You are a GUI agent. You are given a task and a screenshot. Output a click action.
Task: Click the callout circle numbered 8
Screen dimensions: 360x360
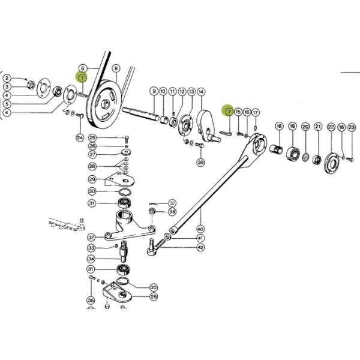tap(116, 68)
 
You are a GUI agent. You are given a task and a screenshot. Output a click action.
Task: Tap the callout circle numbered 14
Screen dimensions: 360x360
tap(201, 92)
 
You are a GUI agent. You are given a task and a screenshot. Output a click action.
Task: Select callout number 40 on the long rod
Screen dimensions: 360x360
tap(200, 229)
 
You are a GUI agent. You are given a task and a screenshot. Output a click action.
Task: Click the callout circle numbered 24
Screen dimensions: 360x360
tap(80, 137)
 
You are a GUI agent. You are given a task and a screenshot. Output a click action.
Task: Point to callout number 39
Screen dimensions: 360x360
tap(200, 163)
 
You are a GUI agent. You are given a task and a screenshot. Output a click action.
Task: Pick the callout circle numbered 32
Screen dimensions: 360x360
tap(91, 237)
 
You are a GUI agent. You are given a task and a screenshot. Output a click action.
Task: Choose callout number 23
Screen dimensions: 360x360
tap(352, 127)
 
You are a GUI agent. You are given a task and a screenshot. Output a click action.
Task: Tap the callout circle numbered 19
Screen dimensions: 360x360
tap(292, 126)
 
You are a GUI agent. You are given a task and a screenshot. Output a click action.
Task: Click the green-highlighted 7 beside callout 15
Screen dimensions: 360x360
tap(229, 112)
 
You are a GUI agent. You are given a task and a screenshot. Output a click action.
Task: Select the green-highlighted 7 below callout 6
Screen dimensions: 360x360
tap(82, 78)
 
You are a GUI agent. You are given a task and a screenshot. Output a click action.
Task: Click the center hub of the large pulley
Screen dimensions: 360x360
tap(106, 104)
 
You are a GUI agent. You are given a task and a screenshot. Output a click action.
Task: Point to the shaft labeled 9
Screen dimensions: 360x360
tap(140, 113)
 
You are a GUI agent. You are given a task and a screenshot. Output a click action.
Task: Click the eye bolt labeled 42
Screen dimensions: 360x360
tap(156, 247)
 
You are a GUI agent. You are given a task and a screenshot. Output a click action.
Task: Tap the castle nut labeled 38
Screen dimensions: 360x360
tap(152, 211)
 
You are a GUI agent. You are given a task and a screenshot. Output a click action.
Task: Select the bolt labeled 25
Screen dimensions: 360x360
tap(127, 139)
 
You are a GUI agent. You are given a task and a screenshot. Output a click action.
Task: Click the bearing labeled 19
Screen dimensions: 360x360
tap(293, 153)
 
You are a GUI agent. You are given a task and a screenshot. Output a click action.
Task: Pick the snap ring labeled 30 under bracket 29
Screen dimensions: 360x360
tap(122, 281)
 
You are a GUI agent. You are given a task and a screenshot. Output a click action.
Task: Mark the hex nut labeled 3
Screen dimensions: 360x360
tap(31, 85)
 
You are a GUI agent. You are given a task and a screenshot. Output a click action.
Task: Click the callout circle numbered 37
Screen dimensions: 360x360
tap(172, 203)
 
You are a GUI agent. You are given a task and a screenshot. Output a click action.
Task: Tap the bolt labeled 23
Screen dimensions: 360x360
tap(350, 159)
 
